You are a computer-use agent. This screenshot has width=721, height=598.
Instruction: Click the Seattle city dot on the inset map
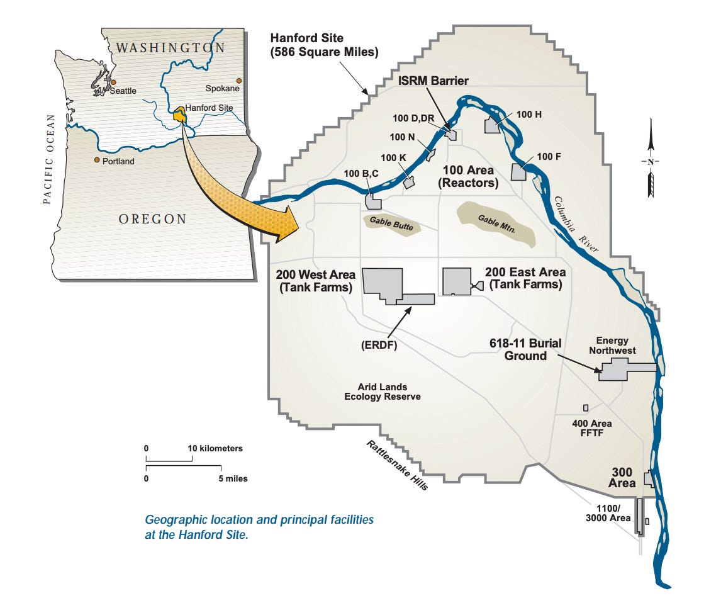click(x=113, y=82)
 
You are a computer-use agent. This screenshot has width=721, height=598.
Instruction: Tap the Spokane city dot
click(x=238, y=80)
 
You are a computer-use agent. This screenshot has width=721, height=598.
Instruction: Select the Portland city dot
click(x=96, y=160)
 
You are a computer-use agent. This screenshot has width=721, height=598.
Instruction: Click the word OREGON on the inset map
click(x=153, y=219)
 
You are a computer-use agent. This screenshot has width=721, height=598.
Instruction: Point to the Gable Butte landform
click(x=389, y=223)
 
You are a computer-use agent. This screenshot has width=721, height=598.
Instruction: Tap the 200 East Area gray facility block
click(x=457, y=281)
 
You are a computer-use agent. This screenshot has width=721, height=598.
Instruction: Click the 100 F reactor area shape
click(x=518, y=172)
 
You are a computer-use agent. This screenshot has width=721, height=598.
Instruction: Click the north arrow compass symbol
click(x=651, y=162)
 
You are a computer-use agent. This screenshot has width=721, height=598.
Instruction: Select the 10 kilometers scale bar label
click(x=216, y=448)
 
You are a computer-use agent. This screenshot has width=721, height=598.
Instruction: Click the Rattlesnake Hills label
click(x=398, y=465)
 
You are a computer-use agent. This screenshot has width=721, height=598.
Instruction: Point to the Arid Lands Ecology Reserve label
click(x=382, y=392)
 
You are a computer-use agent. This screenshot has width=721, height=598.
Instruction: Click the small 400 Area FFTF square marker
click(x=585, y=408)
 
